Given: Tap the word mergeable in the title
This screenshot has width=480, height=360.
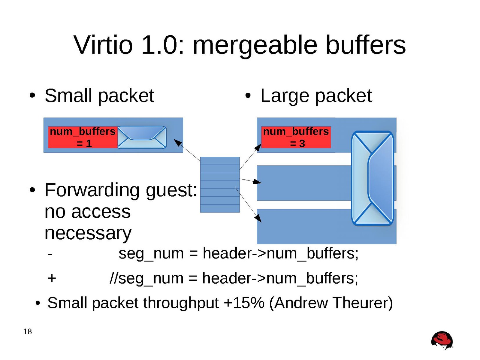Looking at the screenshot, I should (255, 46).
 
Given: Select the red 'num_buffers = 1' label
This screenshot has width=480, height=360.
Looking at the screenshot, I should (83, 137).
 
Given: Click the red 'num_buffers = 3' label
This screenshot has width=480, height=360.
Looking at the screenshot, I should (296, 137).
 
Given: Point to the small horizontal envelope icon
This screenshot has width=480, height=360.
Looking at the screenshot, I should (142, 137).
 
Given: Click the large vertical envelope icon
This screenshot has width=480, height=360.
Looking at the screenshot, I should (372, 178).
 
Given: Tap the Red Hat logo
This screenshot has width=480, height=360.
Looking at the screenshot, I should (442, 340).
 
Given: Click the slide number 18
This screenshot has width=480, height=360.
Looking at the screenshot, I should (28, 331).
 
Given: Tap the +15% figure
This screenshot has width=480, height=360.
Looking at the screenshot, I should (244, 303).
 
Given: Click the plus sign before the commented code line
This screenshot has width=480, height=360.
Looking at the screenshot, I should (52, 278).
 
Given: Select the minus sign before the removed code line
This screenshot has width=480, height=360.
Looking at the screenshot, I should (50, 254).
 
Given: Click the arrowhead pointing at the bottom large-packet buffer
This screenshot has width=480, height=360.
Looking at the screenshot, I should (258, 219).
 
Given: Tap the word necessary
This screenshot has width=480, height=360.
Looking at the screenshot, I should (88, 233).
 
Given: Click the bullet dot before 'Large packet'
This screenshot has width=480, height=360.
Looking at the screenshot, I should (248, 96).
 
